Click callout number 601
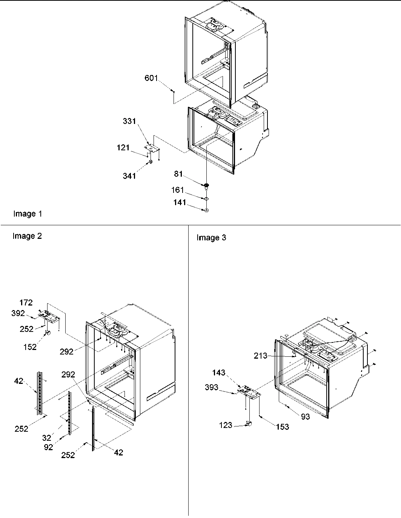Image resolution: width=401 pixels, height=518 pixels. (151, 78)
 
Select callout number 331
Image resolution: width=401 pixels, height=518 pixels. (129, 121)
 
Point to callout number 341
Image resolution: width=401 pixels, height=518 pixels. (129, 175)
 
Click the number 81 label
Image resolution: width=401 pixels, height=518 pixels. (178, 174)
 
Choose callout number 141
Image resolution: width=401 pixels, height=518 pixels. (180, 203)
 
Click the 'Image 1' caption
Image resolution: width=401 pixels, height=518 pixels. (28, 214)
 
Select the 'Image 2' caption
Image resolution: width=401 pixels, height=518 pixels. (27, 236)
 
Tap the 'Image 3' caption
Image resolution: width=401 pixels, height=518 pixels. (211, 238)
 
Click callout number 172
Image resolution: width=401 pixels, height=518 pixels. (26, 303)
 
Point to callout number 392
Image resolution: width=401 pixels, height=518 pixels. (18, 313)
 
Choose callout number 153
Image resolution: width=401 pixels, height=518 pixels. (282, 426)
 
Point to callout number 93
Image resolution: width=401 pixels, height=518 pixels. (305, 416)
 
